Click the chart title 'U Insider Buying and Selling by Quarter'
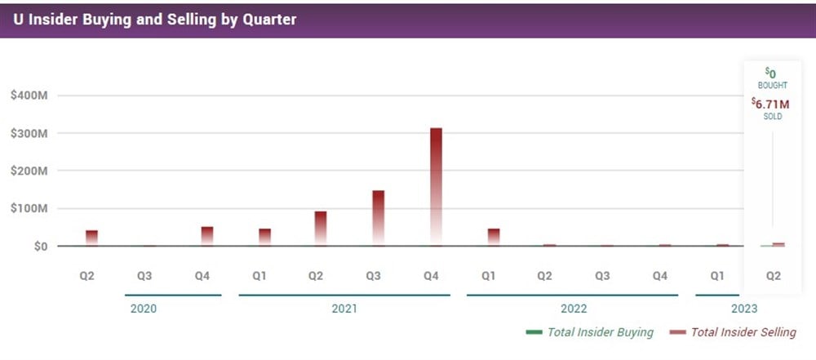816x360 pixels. pos(154,19)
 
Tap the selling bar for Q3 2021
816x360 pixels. pos(379,217)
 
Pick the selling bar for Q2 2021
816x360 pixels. pos(321,228)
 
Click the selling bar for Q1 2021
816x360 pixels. pos(264,237)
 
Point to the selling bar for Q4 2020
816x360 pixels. pos(207,236)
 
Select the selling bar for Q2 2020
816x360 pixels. pos(91,238)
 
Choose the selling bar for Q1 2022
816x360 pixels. pos(494,237)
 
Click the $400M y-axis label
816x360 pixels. pos(29,96)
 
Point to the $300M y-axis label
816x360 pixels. pos(29,133)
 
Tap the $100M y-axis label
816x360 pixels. pos(29,208)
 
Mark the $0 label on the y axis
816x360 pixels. pos(38,246)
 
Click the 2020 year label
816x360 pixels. pos(144,309)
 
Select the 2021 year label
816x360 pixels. pos(344,309)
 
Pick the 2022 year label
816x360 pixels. pos(573,309)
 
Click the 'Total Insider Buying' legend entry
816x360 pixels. pos(589,332)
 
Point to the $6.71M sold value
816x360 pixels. pos(771,103)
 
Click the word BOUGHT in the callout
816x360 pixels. pos(771,85)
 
